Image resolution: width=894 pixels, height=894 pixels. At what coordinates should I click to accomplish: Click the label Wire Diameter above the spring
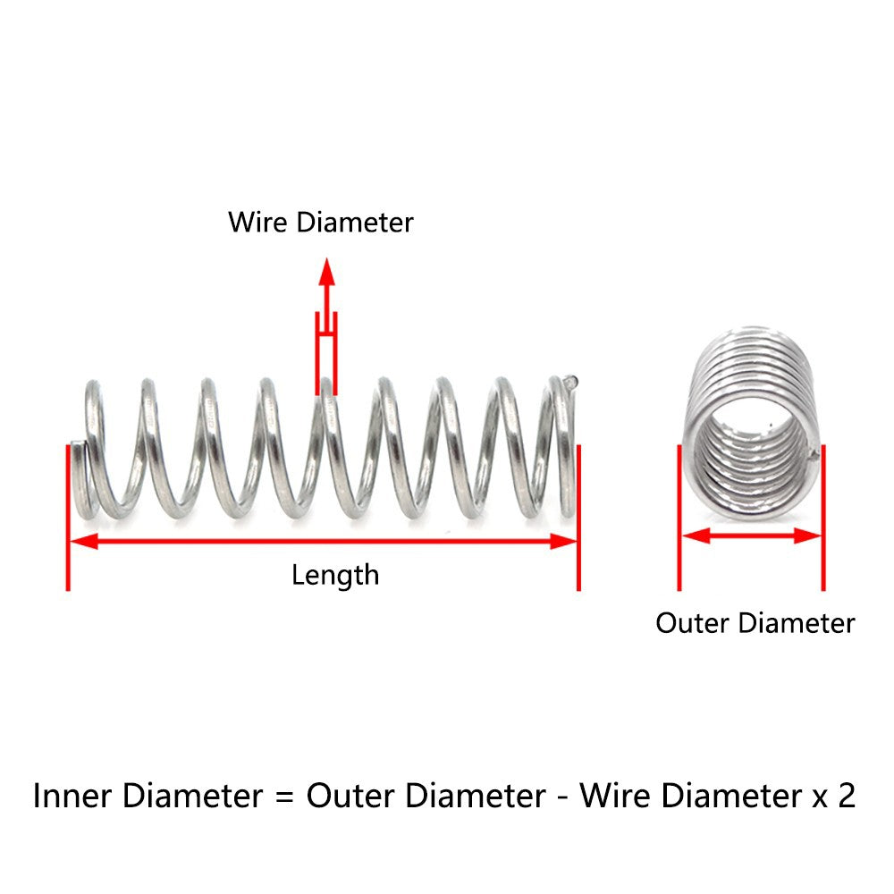coord(320,223)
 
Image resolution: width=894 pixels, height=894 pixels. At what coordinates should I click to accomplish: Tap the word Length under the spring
coord(335,575)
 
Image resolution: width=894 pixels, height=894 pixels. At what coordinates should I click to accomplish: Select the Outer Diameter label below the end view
coord(755,622)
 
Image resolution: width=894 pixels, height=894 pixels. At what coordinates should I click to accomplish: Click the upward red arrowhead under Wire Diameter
coord(326,272)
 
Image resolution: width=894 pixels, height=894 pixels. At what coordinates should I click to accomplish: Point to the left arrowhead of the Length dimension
coord(83,541)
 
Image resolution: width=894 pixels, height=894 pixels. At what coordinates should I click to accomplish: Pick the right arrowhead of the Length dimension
coord(564,541)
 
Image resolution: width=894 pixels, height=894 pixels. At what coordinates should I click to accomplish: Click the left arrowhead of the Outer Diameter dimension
coord(696,536)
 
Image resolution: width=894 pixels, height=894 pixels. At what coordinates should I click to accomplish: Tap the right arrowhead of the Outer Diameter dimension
coord(807,536)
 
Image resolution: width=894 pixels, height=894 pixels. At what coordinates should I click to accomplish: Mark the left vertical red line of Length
coord(68,518)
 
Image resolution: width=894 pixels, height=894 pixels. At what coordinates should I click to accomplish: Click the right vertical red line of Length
coord(578,518)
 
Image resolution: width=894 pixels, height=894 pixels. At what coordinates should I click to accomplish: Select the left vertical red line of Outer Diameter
coord(679,518)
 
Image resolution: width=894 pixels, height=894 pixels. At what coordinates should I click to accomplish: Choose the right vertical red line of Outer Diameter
coord(823,518)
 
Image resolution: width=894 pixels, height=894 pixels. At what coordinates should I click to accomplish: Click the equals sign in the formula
coord(284,797)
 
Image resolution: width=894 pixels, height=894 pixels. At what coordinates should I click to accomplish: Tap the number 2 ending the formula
coord(847,796)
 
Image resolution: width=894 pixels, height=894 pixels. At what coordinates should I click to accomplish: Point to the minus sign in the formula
coord(562,798)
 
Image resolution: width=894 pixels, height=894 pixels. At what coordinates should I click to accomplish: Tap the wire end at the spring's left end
coord(77,444)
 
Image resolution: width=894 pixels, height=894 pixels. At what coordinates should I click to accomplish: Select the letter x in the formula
coord(820,798)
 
